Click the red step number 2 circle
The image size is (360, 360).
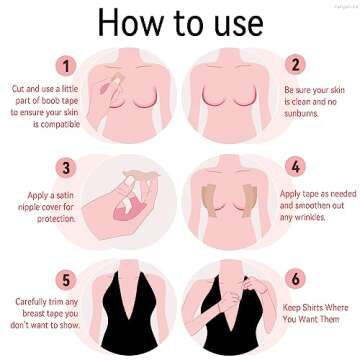point(294,65)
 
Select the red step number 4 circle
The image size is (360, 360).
point(294,168)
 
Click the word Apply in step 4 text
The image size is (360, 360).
point(291,193)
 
